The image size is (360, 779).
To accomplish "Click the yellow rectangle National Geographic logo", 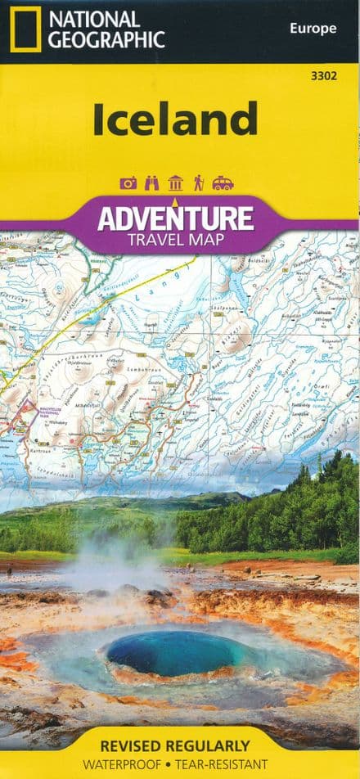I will point(25,29).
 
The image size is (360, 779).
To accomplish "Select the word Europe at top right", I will point(313,29).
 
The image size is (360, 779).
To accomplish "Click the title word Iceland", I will point(175,119).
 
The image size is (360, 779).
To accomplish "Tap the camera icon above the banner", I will point(128,183).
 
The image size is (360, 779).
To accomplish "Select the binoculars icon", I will point(151,183).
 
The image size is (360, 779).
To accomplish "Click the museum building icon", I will point(175,183).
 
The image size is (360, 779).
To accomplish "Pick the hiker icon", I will point(198,183).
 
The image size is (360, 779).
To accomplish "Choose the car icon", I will point(223,183).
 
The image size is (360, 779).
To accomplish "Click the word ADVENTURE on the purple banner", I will point(175,218).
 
